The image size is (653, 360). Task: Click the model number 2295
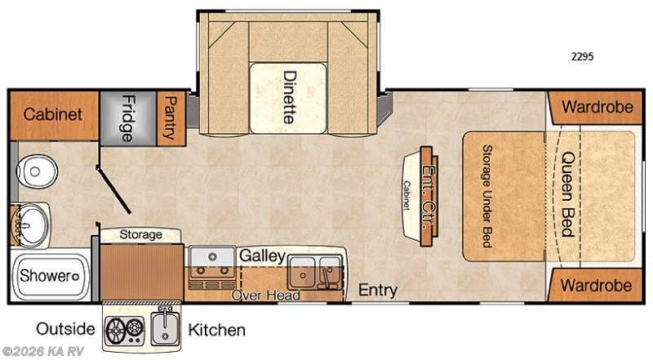(582, 56)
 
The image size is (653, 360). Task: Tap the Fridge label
(127, 118)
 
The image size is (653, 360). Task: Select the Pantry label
(171, 118)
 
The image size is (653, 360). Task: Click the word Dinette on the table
(289, 97)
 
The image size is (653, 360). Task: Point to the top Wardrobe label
(597, 107)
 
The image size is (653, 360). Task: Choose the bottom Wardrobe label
(596, 286)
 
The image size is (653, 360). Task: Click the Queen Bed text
(568, 194)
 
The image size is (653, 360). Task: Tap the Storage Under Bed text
(486, 196)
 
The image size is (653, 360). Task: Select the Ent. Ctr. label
(429, 196)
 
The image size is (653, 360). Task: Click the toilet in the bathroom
(37, 171)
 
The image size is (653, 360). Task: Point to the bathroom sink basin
(30, 224)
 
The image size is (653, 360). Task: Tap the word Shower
(46, 275)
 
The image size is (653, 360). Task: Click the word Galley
(262, 256)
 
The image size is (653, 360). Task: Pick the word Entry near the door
(378, 290)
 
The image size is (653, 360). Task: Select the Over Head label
(266, 296)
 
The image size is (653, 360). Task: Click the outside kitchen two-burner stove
(125, 331)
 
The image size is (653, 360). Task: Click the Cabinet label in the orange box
(53, 114)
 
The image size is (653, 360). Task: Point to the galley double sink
(315, 273)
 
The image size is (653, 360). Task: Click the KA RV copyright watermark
(43, 351)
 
